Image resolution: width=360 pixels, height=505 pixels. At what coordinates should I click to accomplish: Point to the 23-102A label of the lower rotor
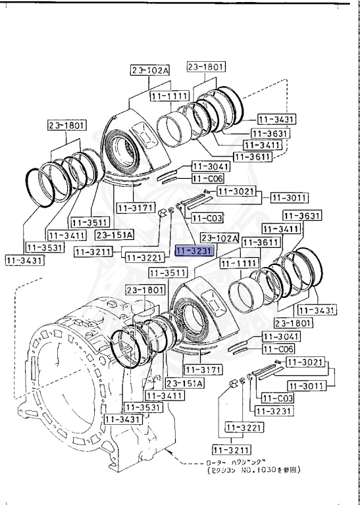point(221,238)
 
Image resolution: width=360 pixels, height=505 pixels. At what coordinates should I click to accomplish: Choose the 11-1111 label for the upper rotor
point(170,96)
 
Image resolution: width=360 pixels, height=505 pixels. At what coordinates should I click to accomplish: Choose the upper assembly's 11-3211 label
point(95,251)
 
